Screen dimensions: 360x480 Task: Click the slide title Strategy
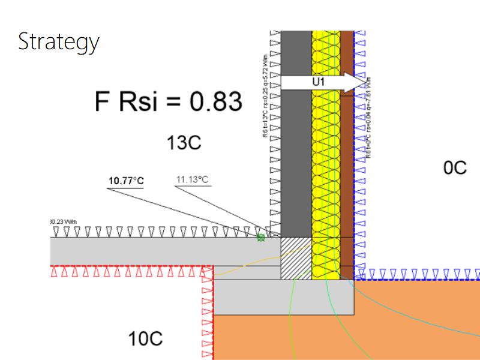(58, 42)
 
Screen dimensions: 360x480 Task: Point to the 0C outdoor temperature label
(455, 167)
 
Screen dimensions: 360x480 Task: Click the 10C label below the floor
(145, 339)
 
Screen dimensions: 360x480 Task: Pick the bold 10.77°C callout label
(126, 181)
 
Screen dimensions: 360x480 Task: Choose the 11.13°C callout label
(192, 179)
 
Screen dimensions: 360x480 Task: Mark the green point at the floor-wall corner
(261, 238)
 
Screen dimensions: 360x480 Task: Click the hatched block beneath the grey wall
(296, 257)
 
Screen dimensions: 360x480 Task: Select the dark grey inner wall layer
(296, 156)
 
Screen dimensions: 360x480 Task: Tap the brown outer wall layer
(347, 180)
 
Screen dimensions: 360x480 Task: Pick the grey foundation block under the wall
(282, 297)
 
